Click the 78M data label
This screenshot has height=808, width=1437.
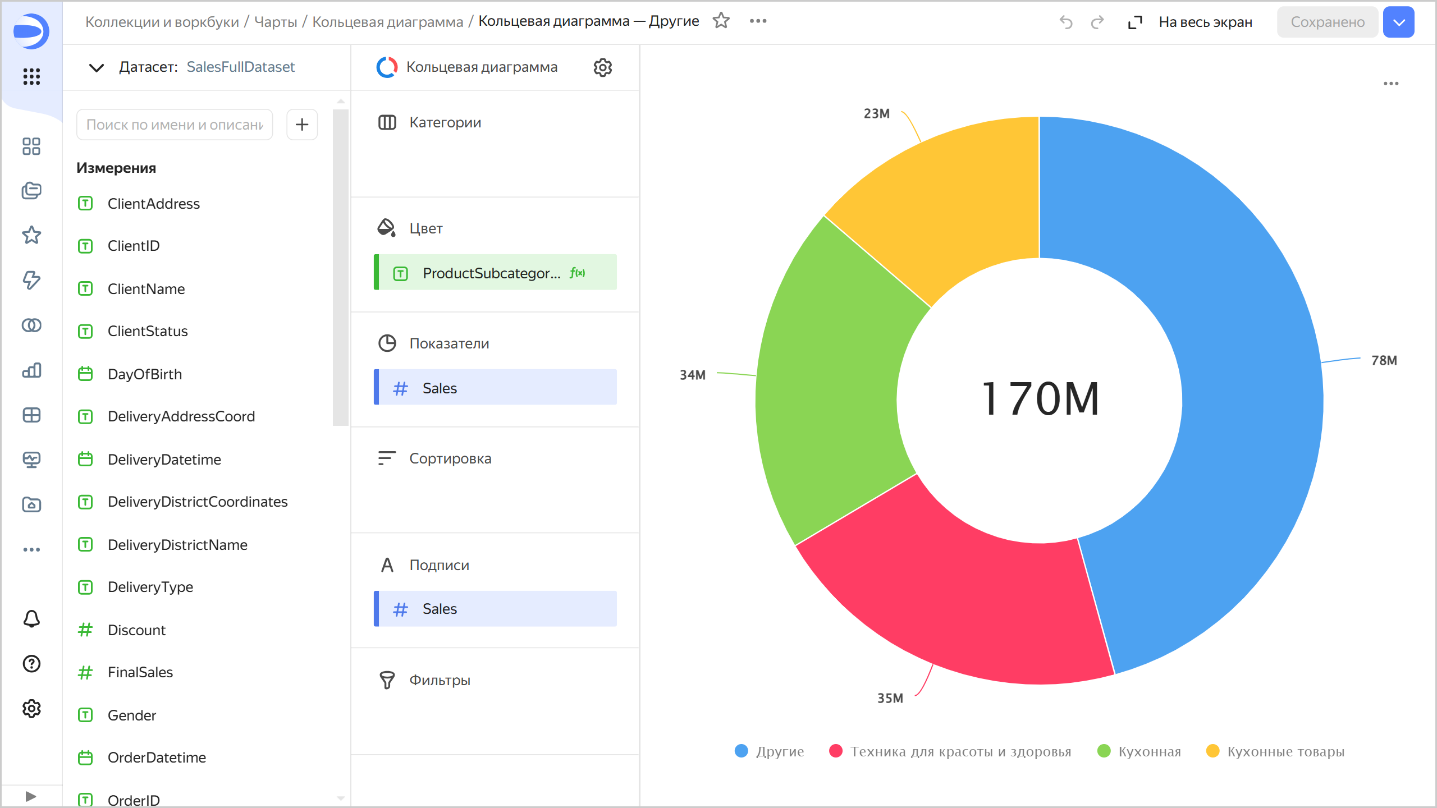[1384, 360]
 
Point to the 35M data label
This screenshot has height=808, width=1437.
[890, 698]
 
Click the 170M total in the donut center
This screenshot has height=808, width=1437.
[1040, 399]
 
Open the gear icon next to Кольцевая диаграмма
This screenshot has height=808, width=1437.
[602, 67]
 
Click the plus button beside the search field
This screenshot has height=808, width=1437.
[302, 125]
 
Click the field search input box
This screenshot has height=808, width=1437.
[174, 125]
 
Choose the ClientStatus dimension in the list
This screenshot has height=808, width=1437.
[148, 331]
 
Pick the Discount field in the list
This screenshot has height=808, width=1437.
[136, 630]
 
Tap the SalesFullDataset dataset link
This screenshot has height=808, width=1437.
[240, 67]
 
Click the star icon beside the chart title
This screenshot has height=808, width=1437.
[721, 21]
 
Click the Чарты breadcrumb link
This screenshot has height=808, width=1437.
[276, 22]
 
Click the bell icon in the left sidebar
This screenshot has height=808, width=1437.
[31, 619]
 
